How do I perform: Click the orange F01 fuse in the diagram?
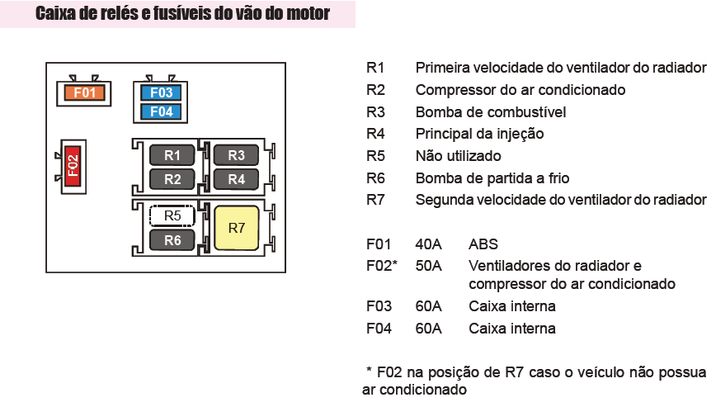[x=84, y=92]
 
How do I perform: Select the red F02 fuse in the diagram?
[x=73, y=166]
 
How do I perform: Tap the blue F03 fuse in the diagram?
[x=162, y=92]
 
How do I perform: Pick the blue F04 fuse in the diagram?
[x=162, y=111]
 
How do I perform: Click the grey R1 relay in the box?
[x=172, y=154]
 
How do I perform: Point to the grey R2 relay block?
[x=172, y=178]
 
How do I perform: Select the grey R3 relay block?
[x=236, y=154]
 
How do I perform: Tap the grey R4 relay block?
[x=236, y=178]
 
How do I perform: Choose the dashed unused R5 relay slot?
[x=172, y=215]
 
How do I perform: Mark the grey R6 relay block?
[x=172, y=240]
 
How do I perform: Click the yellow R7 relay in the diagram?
[x=236, y=228]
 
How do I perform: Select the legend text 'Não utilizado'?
[x=458, y=156]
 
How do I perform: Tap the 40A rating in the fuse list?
[x=429, y=244]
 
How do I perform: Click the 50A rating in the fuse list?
[x=429, y=266]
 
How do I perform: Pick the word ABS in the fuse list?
[x=483, y=244]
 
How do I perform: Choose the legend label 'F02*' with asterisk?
[x=382, y=266]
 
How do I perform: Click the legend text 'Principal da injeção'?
[x=479, y=134]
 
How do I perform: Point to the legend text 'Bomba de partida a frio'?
[x=492, y=178]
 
